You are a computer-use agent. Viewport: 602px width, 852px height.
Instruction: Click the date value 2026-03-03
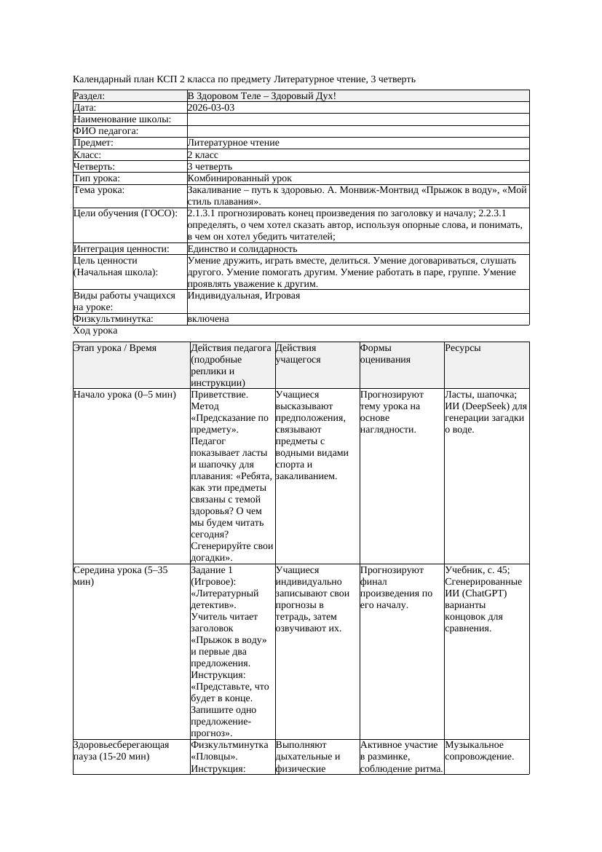210,107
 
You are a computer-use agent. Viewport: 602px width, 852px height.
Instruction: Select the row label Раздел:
90,95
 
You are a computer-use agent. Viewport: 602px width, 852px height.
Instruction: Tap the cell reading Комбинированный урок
239,178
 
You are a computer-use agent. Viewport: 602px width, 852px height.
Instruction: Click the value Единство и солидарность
242,249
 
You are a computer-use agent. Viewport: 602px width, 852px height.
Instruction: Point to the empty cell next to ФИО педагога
357,131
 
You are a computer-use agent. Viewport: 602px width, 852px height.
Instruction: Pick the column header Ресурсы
463,348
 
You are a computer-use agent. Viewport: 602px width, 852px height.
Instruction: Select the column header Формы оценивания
385,353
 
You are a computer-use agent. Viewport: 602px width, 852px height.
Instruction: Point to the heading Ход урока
95,331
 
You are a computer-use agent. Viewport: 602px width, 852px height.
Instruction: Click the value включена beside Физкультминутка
207,319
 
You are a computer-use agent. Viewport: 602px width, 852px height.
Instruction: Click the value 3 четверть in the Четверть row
210,167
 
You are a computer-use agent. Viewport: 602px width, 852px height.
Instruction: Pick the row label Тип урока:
97,178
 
